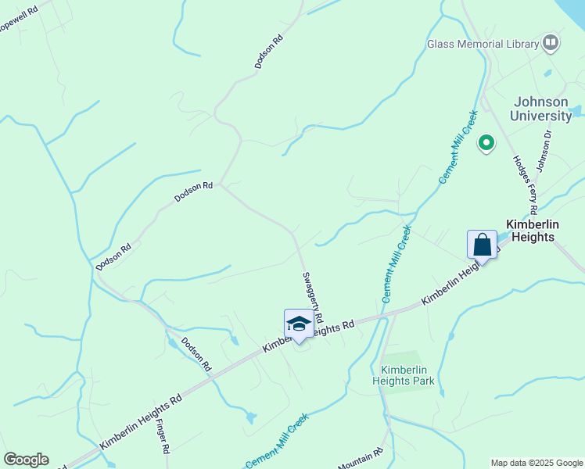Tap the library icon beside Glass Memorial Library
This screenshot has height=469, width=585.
pyautogui.click(x=551, y=42)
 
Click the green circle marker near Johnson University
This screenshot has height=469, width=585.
pyautogui.click(x=486, y=143)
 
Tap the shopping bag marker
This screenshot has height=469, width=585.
pyautogui.click(x=482, y=245)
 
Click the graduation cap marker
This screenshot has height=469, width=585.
pyautogui.click(x=299, y=324)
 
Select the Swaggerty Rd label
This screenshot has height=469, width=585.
pyautogui.click(x=313, y=297)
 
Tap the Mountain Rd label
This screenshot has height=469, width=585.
pyautogui.click(x=361, y=459)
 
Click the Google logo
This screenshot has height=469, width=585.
pyautogui.click(x=26, y=460)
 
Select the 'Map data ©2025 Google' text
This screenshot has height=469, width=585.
pyautogui.click(x=537, y=463)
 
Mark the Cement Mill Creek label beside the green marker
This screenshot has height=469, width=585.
pyautogui.click(x=458, y=146)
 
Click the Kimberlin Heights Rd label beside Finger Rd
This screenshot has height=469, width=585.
pyautogui.click(x=141, y=421)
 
